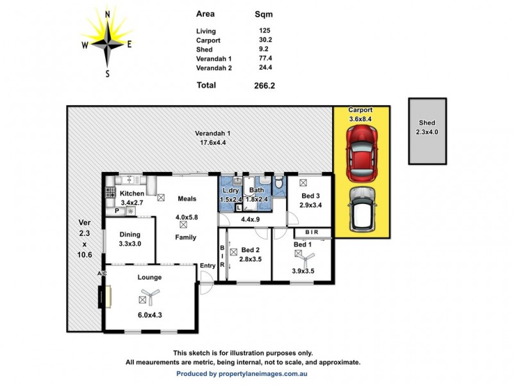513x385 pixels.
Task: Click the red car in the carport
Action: pos(360,153)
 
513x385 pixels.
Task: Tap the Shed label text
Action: pos(426,123)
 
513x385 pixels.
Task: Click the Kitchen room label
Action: pos(132,193)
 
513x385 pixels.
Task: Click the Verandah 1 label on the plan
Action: pos(212,133)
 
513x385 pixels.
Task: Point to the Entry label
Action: pos(208,266)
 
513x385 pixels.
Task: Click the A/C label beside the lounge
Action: pos(101,274)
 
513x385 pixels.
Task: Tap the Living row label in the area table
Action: pos(206,31)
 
